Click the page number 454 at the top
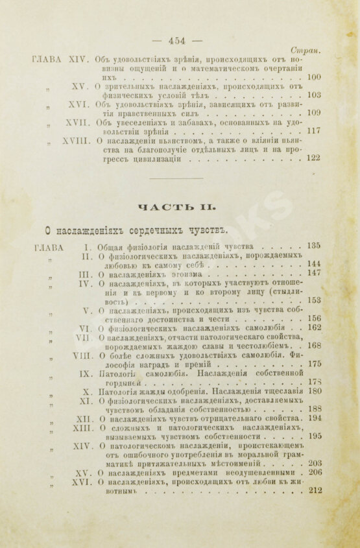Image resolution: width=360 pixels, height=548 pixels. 177,40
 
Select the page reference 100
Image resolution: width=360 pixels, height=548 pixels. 314,77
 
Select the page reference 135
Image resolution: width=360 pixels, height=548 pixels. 314,246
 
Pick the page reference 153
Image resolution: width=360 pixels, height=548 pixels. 314,300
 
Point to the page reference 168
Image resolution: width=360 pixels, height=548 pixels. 314,346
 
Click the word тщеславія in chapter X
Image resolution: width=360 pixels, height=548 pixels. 282,391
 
